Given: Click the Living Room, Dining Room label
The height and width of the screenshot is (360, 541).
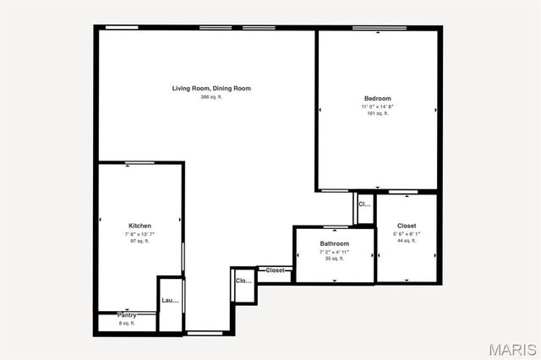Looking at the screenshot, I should point(211,89).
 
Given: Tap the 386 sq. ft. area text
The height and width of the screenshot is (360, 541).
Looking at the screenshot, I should point(211,97).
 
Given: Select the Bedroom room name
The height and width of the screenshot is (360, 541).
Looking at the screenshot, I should point(377,99).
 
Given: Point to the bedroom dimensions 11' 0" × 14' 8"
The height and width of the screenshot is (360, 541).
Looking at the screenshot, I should point(377,106).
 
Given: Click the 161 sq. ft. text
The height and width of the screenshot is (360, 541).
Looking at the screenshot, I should point(377,114).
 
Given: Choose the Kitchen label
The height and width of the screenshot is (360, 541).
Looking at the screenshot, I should point(140,226).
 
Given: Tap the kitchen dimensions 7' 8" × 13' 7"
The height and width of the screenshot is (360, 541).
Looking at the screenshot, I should point(140,234).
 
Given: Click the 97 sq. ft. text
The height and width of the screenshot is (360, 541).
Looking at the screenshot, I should point(140,242).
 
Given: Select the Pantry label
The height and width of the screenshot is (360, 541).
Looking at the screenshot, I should point(127,315).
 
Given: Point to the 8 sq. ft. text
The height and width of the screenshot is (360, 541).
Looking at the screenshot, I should point(127,323).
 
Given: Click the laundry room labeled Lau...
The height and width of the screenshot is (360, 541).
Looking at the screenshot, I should point(170,300).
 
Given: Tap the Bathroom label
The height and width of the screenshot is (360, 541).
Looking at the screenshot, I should point(334,243).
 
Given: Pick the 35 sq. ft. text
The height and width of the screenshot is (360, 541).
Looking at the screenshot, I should point(334,259).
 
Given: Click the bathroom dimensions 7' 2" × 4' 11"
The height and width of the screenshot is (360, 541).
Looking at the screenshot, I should point(334,252).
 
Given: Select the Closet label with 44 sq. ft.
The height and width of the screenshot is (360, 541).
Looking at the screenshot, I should point(407,226).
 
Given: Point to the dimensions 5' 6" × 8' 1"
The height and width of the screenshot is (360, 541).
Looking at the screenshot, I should point(407,233).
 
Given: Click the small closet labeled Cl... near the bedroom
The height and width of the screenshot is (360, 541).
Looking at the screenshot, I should point(364,205).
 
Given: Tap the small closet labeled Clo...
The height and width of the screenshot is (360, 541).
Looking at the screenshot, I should point(243,281).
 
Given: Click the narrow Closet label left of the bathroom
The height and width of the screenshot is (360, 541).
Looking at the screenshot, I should point(276,270).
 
